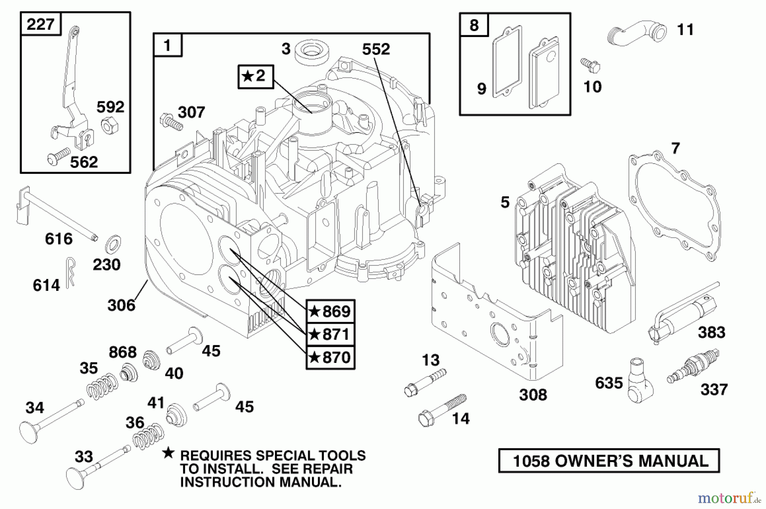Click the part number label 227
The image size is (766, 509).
(40, 24)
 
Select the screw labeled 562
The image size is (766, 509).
(59, 156)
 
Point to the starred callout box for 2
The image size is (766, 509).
(255, 76)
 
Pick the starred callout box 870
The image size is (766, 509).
(330, 357)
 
